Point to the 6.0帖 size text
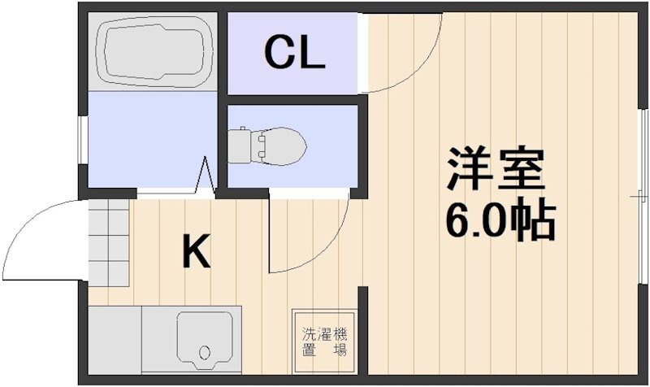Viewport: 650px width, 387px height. [500, 222]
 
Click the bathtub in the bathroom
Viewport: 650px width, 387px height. [154, 51]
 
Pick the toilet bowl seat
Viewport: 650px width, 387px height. [278, 146]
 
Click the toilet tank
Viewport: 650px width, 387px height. [240, 146]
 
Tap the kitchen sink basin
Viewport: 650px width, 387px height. [205, 340]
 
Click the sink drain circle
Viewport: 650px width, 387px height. [205, 353]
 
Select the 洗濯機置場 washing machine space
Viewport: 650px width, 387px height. [324, 341]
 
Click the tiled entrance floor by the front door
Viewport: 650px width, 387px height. [109, 242]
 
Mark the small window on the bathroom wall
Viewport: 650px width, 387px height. [84, 140]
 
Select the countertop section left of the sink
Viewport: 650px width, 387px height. [115, 340]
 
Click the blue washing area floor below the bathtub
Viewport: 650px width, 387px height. [153, 139]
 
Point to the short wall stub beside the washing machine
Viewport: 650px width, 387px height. [363, 330]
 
